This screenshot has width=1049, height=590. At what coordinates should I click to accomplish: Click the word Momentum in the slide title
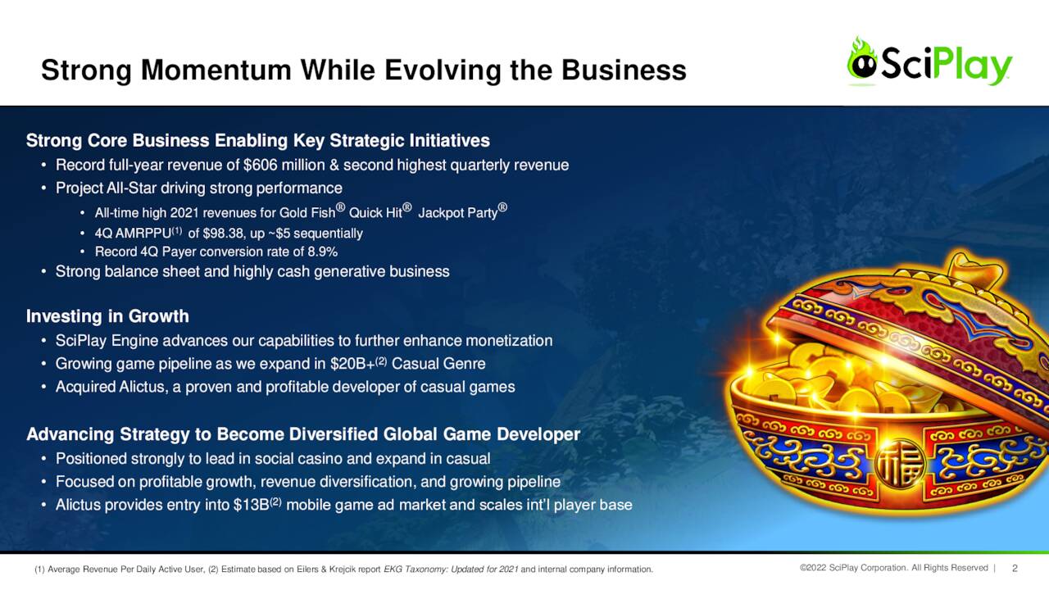[x=216, y=70]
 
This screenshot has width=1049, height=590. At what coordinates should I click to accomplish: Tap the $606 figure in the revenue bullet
[x=260, y=165]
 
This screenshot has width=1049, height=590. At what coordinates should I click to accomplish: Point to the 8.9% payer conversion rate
[x=322, y=252]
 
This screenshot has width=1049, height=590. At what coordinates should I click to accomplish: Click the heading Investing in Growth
[x=107, y=316]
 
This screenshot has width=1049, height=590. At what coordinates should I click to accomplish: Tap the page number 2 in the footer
[x=1015, y=569]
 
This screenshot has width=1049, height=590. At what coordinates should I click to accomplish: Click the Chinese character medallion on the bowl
[x=899, y=463]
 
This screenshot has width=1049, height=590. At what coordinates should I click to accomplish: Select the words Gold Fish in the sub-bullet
[x=307, y=213]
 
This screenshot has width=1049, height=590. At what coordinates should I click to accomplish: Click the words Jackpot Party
[x=457, y=213]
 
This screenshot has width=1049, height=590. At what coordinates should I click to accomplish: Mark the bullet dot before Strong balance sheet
[x=43, y=271]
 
